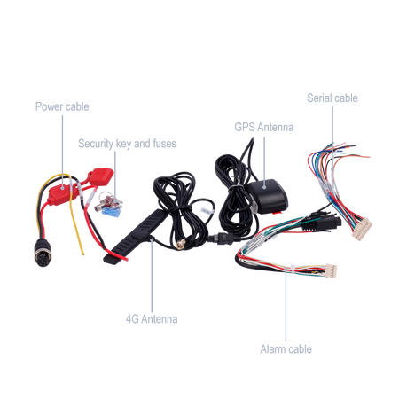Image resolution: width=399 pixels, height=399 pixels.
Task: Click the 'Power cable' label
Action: (x=62, y=106)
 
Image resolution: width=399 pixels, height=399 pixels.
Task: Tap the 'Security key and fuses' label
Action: (x=127, y=144)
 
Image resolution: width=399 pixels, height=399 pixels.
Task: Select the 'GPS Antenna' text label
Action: (x=264, y=128)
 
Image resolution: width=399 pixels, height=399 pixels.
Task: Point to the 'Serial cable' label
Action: (x=332, y=98)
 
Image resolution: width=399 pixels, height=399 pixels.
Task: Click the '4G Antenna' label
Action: (x=152, y=319)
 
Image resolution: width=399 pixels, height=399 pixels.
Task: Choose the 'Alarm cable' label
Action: (x=286, y=349)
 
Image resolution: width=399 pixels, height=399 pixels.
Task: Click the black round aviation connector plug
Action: (x=42, y=253)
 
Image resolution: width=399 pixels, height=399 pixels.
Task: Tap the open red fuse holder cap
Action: (x=101, y=176)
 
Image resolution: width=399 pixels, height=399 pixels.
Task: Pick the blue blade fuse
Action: (x=111, y=212)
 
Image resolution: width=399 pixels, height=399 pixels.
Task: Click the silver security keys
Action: (x=108, y=201)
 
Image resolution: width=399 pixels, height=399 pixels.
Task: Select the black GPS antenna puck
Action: (x=268, y=196)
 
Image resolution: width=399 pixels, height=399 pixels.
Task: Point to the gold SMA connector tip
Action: (x=181, y=244)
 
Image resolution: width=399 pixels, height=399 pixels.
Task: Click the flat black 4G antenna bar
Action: (x=135, y=237)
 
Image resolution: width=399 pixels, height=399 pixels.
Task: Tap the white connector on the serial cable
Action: (x=362, y=229)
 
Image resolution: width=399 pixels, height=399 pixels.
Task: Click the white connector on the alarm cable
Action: (x=331, y=270)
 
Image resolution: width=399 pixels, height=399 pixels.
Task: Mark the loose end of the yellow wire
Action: (x=83, y=254)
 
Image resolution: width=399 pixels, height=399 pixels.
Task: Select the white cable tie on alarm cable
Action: (x=293, y=270)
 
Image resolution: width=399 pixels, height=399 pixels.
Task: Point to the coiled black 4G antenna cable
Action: (x=180, y=207)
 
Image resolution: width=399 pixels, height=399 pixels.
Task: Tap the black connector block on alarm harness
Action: (x=322, y=223)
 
